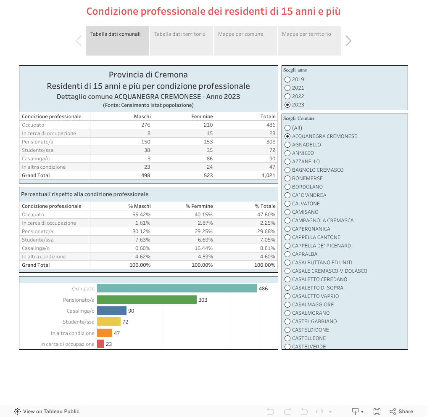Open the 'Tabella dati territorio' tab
(x=180, y=35)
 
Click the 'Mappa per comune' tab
(x=240, y=35)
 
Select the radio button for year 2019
(x=287, y=80)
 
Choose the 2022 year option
(x=287, y=96)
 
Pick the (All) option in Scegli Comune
(x=287, y=128)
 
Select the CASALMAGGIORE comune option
(x=287, y=305)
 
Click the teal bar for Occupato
(x=177, y=288)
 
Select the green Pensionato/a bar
(x=147, y=300)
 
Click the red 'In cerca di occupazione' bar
(x=100, y=344)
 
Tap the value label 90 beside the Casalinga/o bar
(x=131, y=311)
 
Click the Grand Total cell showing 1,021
(x=268, y=175)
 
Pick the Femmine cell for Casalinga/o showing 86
(x=208, y=159)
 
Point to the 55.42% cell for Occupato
(x=142, y=215)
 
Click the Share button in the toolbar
(x=401, y=411)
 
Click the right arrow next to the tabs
(x=348, y=41)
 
